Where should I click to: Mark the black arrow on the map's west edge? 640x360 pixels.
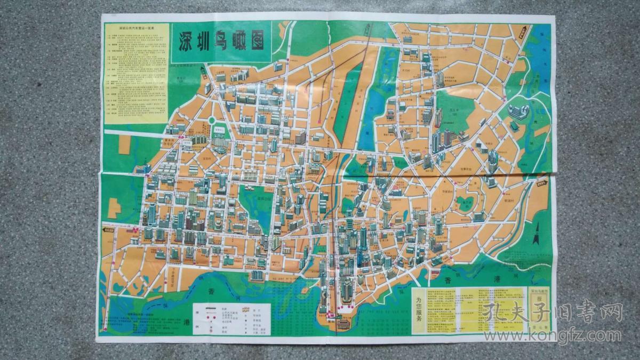point(109,230)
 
